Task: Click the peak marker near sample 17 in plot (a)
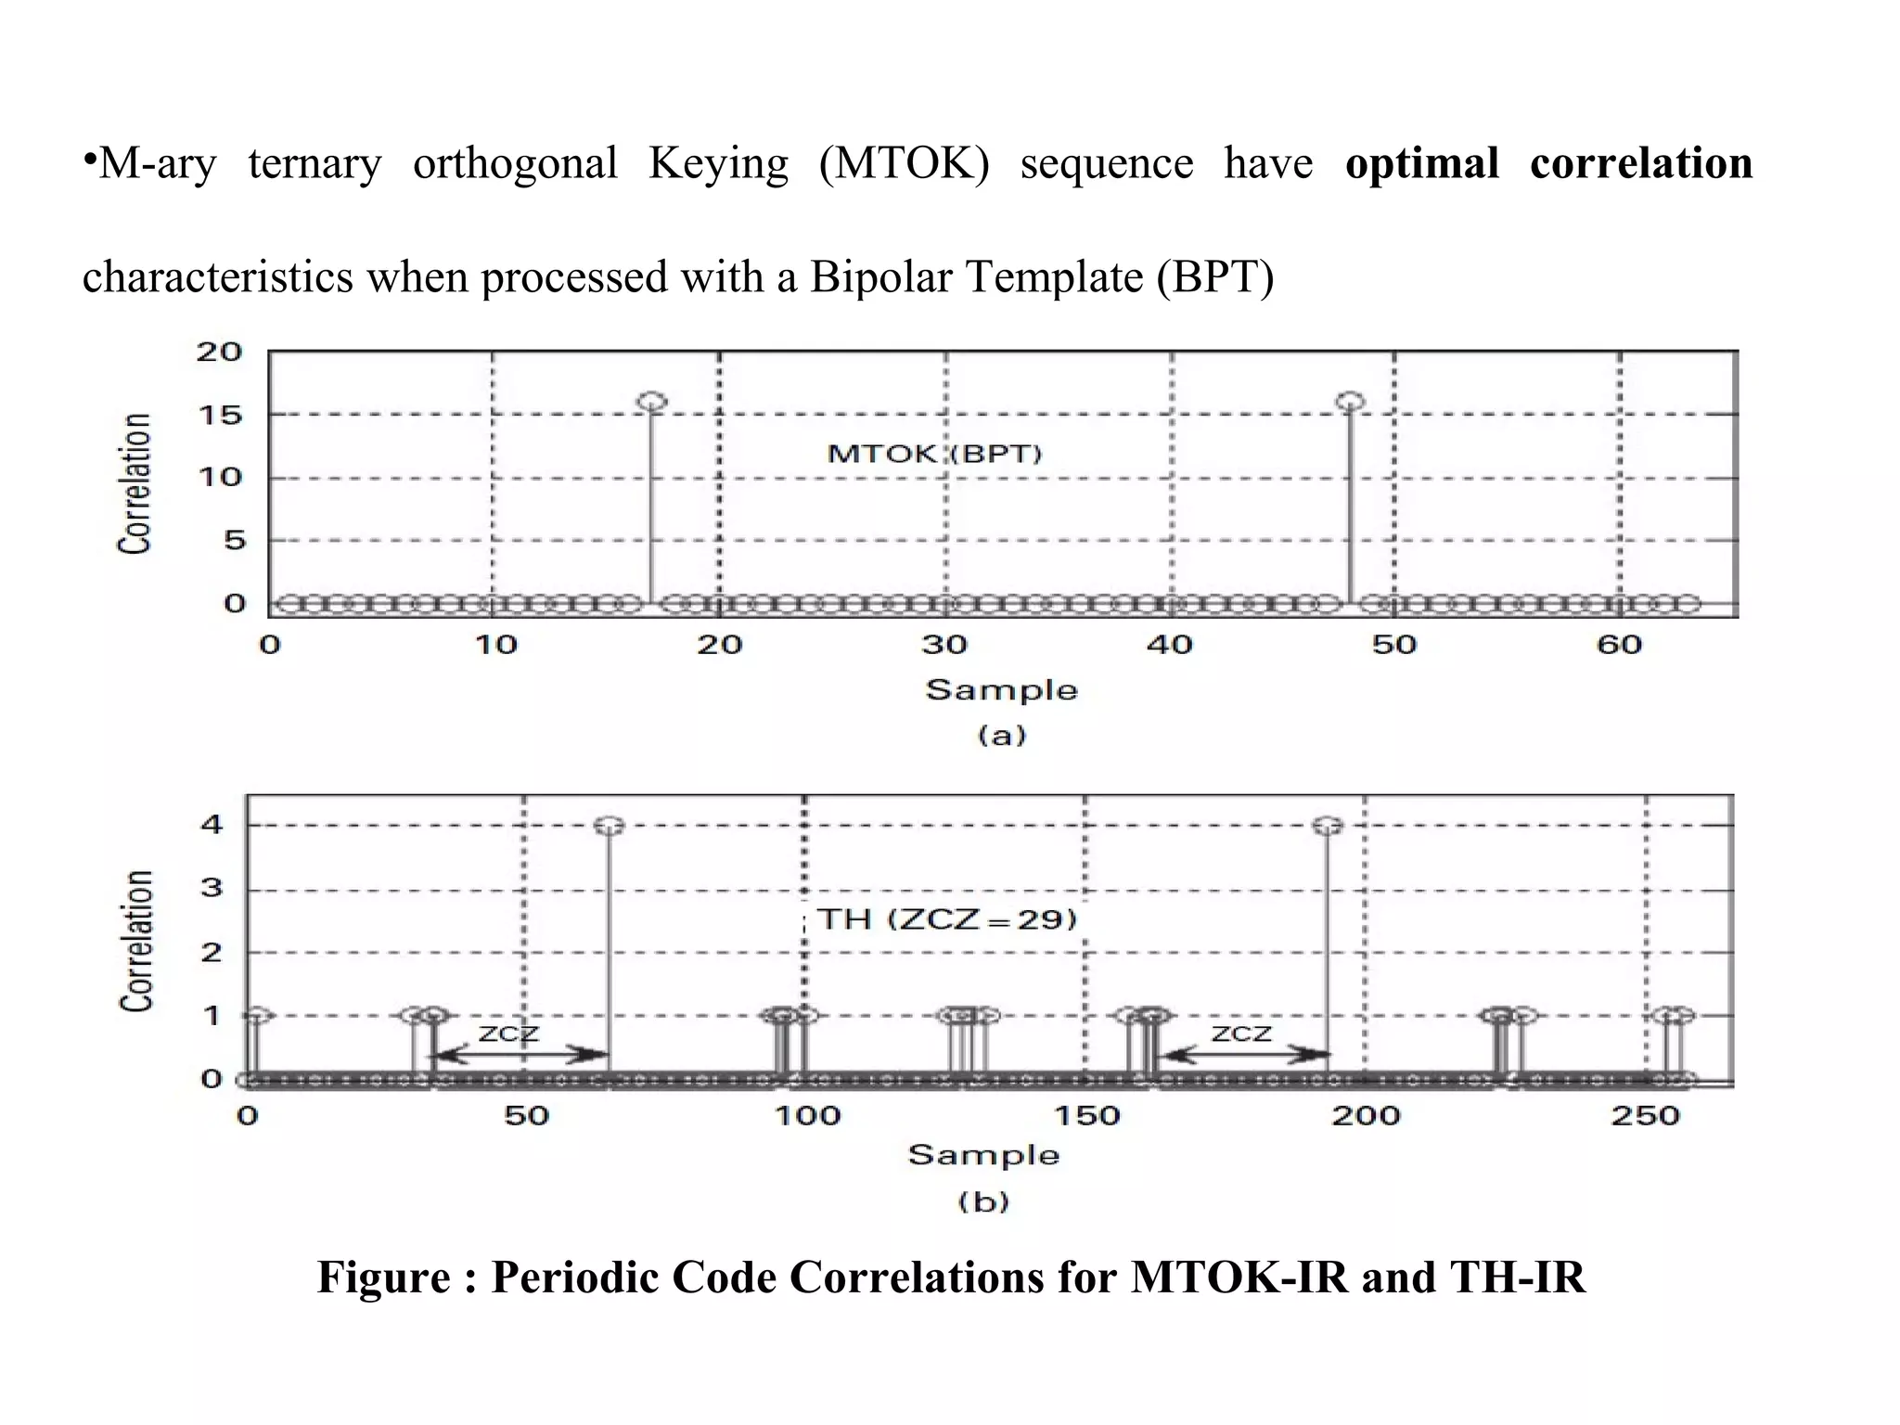point(652,402)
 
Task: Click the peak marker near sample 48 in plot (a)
point(1350,402)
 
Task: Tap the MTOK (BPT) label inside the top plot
point(934,454)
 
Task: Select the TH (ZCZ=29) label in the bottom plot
point(946,919)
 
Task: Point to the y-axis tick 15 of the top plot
point(219,415)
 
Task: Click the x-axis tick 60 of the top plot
point(1619,645)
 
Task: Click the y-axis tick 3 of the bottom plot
point(212,888)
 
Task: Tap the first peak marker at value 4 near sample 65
point(609,826)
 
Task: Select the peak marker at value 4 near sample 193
point(1328,826)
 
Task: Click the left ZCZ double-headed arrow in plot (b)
point(521,1055)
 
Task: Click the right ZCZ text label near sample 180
point(1241,1033)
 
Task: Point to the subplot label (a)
point(1002,736)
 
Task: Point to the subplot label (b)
point(983,1202)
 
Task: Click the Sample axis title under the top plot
point(1002,690)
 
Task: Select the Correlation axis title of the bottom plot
point(135,941)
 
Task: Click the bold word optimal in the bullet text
point(1421,163)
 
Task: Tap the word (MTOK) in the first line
point(904,163)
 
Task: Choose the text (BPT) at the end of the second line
point(1214,276)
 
